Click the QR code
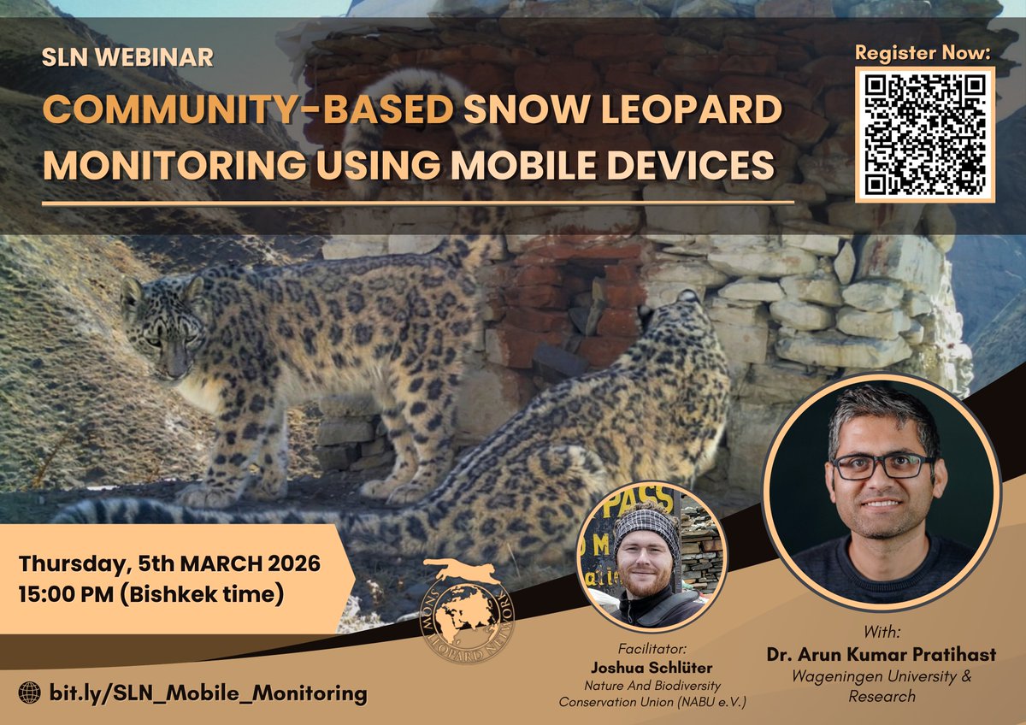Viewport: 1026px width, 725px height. [x=925, y=133]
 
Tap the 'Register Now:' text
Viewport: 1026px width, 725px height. [x=923, y=52]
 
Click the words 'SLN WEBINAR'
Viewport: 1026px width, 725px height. [x=128, y=59]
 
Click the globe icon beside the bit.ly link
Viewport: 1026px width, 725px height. [x=29, y=693]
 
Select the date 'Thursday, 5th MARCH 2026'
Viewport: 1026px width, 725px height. [x=169, y=564]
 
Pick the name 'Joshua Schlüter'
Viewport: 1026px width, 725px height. [x=651, y=666]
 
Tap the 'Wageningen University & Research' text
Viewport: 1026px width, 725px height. [x=882, y=687]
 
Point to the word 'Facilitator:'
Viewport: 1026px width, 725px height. [x=651, y=648]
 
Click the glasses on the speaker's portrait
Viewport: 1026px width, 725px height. [x=883, y=466]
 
